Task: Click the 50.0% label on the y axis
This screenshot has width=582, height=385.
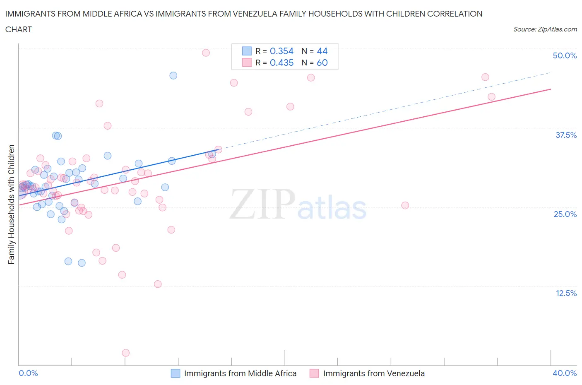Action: click(x=565, y=55)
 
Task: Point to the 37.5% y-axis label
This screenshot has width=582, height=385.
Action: click(x=566, y=135)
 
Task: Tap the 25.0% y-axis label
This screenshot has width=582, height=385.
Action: click(x=565, y=214)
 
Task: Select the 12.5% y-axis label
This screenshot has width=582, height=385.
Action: click(x=566, y=293)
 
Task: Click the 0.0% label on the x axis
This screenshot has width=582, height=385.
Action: click(x=28, y=373)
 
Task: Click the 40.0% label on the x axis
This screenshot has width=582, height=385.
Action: click(x=565, y=373)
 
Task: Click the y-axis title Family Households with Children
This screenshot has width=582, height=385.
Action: click(x=11, y=204)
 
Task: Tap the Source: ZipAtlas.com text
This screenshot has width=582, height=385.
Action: click(x=545, y=29)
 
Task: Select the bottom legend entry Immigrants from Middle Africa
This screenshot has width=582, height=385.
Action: click(x=240, y=373)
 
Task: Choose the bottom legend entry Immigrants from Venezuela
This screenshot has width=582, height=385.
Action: click(x=374, y=373)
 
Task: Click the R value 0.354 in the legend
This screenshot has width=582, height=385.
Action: click(x=281, y=51)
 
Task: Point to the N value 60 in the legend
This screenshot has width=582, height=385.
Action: click(x=322, y=63)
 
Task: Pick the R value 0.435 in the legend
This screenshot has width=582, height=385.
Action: click(x=281, y=63)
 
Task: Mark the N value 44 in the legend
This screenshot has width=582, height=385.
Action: click(x=322, y=51)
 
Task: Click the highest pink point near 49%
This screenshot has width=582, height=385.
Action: click(x=206, y=53)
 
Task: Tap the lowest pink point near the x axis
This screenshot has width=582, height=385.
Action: click(x=126, y=353)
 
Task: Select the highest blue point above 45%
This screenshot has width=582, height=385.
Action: click(x=173, y=75)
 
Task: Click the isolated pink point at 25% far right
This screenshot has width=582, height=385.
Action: click(x=405, y=205)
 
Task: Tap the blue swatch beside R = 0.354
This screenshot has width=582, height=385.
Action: click(x=247, y=51)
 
